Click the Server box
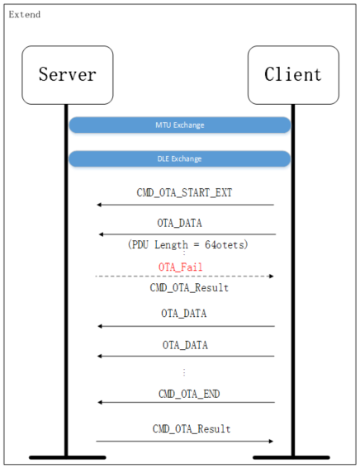click(67, 75)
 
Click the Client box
click(293, 75)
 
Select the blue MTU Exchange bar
click(179, 125)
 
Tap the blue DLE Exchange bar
click(179, 158)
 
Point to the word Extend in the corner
click(24, 15)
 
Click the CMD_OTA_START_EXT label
click(184, 192)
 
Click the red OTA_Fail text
click(180, 267)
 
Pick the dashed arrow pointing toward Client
click(184, 276)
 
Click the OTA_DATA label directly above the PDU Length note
click(180, 223)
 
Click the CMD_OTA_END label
click(189, 394)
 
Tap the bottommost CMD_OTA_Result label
click(191, 429)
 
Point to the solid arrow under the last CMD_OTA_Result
click(184, 441)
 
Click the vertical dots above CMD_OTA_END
click(183, 373)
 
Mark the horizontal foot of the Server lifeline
click(67, 456)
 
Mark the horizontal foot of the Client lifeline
click(292, 456)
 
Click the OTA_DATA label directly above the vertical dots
click(184, 344)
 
